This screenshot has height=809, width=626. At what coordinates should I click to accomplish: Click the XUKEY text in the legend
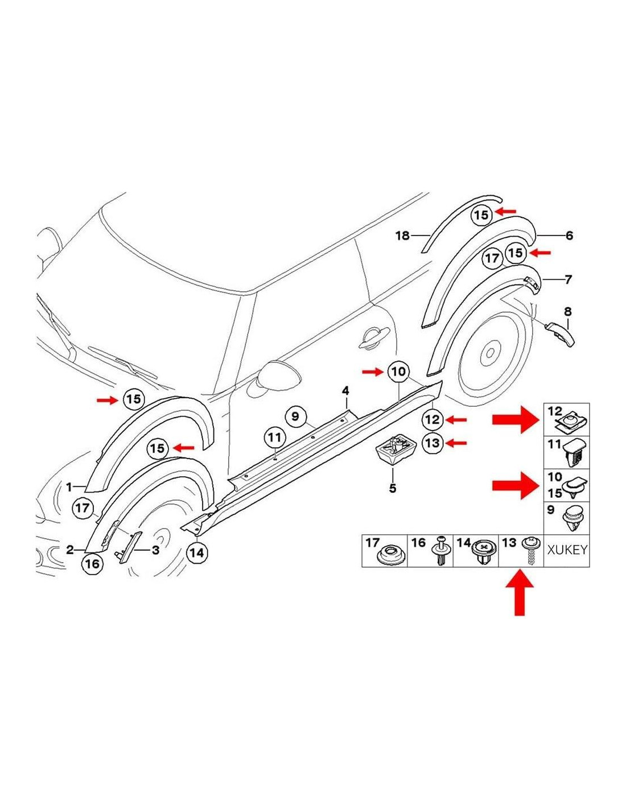[x=567, y=550]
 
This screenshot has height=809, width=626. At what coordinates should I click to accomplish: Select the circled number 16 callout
[x=92, y=564]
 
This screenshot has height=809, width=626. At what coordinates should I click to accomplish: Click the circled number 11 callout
[x=275, y=438]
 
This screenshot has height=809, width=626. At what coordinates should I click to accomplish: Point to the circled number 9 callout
[x=295, y=416]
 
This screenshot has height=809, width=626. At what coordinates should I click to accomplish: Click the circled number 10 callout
[x=398, y=372]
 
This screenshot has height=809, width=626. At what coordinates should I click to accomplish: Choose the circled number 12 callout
[x=433, y=420]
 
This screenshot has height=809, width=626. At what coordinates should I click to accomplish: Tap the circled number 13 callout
[x=433, y=443]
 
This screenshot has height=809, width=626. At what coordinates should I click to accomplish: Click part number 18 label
[x=402, y=235]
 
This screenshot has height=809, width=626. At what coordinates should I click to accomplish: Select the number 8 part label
[x=567, y=312]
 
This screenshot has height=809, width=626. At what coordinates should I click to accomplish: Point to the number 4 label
[x=345, y=391]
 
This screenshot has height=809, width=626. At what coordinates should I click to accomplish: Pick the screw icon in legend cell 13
[x=530, y=551]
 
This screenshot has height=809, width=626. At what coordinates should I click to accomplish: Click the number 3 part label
[x=155, y=550]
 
